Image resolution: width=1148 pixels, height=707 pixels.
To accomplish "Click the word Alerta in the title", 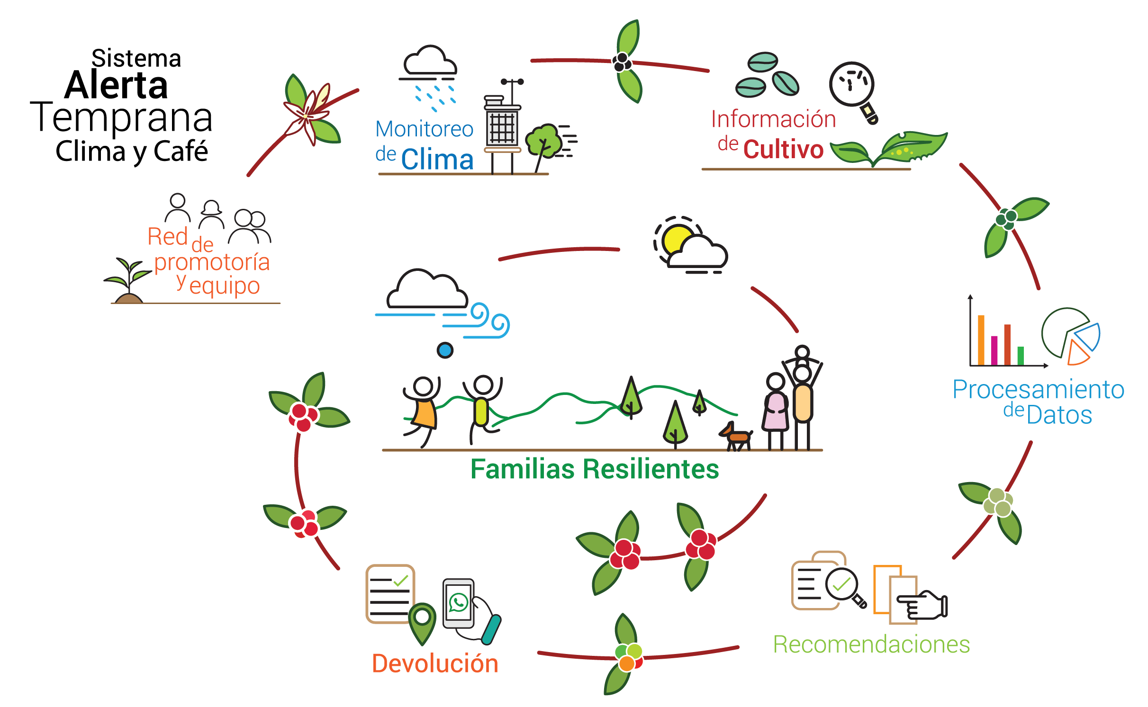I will click(x=116, y=86).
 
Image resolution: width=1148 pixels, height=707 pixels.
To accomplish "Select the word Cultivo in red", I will click(x=783, y=150).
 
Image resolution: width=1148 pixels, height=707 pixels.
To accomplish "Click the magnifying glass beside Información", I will click(x=852, y=87).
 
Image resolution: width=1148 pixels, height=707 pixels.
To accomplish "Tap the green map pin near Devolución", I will click(x=422, y=620).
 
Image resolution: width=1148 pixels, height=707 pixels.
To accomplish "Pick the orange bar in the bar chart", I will click(x=981, y=340).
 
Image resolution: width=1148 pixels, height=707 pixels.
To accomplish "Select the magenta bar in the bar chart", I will click(x=994, y=350).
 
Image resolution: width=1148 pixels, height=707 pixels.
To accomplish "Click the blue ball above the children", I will click(x=445, y=350).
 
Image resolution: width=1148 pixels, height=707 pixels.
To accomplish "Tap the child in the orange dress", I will click(x=424, y=410).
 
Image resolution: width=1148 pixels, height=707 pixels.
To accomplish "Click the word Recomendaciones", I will click(x=871, y=644).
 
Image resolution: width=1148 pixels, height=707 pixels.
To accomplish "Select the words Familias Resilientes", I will click(x=595, y=469).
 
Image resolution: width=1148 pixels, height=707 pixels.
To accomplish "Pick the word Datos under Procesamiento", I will click(x=1059, y=415).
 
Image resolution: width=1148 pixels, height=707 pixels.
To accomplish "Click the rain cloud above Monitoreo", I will click(x=429, y=63).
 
